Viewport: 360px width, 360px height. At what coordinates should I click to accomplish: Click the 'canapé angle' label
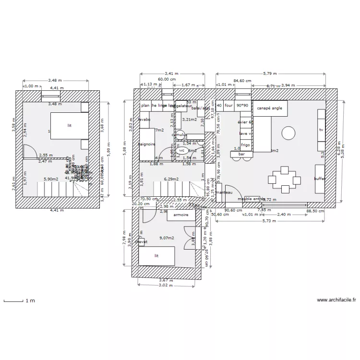270,108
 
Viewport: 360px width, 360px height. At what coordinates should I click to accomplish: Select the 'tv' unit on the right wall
321,129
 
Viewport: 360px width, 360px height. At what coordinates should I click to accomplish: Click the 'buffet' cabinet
320,179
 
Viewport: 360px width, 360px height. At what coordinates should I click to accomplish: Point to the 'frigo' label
245,144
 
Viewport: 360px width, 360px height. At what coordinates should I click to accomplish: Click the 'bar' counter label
242,154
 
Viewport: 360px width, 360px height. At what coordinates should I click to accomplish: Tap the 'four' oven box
228,106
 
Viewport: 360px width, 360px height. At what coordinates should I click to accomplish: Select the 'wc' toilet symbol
181,150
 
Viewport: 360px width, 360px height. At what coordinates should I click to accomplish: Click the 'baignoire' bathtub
146,144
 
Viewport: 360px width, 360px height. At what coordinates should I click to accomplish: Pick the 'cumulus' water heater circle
180,135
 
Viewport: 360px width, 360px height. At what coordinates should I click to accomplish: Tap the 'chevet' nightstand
141,242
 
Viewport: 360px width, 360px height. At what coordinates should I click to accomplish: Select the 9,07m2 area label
167,238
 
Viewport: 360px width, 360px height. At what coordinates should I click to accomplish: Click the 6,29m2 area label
171,179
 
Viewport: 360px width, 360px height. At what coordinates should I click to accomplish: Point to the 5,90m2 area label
51,179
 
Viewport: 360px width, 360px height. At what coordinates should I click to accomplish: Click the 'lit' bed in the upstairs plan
70,125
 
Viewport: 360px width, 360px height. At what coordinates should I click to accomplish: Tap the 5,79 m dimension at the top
270,73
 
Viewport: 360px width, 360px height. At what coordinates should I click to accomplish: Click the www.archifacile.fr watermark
336,300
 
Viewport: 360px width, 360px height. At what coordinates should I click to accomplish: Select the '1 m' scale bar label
30,301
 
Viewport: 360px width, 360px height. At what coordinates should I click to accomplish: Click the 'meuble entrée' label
251,199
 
